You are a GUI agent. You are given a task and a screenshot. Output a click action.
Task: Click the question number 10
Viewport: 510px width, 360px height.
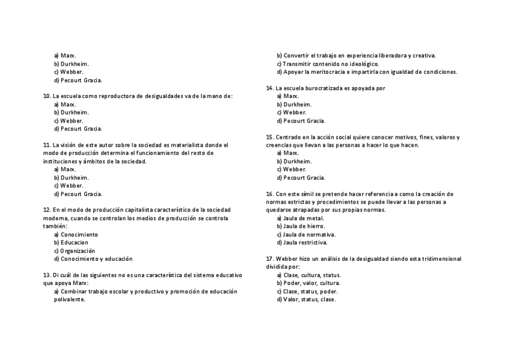tap(47, 96)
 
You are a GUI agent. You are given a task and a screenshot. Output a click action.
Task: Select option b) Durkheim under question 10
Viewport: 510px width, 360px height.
tap(71, 112)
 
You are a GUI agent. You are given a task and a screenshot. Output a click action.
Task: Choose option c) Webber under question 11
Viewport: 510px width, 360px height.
tap(69, 186)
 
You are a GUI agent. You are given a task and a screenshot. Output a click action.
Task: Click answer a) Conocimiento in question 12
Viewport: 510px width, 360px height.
tap(76, 234)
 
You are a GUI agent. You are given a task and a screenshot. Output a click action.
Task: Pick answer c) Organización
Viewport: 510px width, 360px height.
tap(75, 251)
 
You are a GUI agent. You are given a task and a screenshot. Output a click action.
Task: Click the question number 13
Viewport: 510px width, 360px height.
tap(47, 275)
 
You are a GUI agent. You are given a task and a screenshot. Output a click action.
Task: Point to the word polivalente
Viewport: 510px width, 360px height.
tap(69, 299)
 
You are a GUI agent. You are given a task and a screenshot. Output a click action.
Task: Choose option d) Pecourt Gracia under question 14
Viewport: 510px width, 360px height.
tap(301, 121)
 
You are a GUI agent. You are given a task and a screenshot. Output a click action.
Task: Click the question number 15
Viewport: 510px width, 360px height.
tap(270, 137)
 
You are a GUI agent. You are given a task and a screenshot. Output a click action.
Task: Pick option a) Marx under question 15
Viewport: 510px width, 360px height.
tap(288, 153)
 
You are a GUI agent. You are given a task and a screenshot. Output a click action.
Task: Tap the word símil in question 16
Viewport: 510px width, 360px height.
tap(305, 194)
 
